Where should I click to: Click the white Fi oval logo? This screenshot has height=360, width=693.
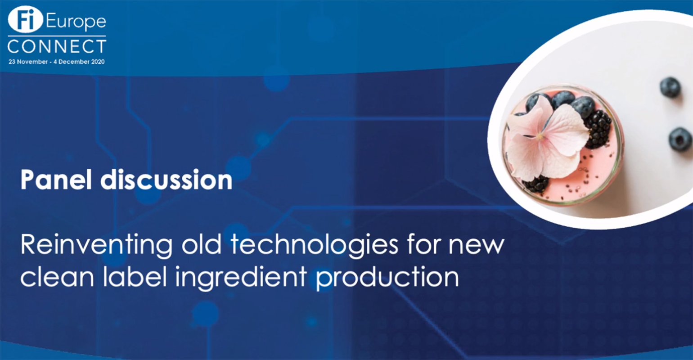[25, 20]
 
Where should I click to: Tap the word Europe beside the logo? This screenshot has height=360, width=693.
[76, 22]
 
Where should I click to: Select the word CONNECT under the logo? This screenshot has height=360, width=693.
[57, 47]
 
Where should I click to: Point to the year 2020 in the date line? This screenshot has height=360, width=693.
[98, 62]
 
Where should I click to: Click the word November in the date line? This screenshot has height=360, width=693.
[32, 62]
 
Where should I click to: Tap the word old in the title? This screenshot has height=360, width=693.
[202, 244]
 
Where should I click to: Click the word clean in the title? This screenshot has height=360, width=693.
[57, 277]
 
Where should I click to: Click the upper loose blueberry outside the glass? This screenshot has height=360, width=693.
[670, 88]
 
